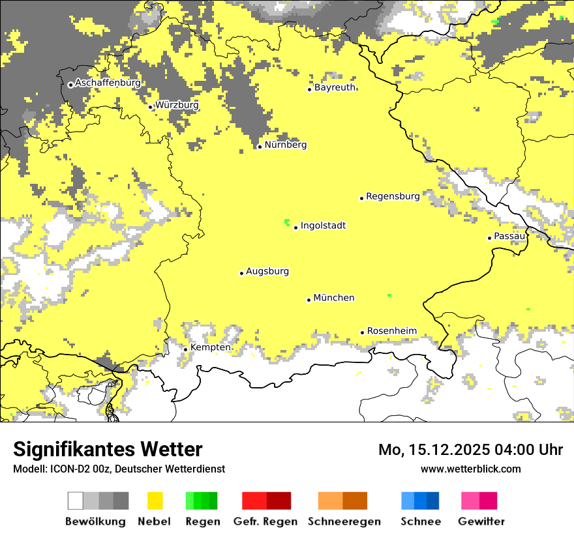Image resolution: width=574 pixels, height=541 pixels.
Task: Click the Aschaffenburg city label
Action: pos(108,83)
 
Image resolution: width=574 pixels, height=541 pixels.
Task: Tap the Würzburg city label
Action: pos(177,105)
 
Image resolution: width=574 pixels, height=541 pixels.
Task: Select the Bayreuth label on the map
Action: pos(335,87)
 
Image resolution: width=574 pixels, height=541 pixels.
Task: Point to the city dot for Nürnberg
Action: pos(260,147)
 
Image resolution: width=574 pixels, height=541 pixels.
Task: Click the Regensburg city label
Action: pos(393,196)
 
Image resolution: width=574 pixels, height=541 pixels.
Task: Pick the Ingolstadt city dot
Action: pos(295,227)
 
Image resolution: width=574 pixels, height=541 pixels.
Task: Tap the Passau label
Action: pos(509,236)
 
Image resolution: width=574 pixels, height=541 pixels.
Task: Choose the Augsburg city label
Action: pos(267,271)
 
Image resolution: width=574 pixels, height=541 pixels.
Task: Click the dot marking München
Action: pos(309,300)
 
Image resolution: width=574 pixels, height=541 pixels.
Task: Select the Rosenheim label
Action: pos(391,330)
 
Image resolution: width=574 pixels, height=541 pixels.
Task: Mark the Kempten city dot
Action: pos(185,349)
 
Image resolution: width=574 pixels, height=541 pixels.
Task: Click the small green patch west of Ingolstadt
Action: pos(286,222)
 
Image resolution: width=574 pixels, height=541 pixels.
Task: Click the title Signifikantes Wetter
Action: pos(108,449)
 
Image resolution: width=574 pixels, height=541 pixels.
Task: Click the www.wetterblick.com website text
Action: pos(470,469)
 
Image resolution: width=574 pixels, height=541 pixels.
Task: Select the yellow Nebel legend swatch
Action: pos(155,501)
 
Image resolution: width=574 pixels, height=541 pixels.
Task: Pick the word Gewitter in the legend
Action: pos(481,521)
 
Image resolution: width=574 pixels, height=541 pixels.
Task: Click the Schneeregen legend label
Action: pos(344,521)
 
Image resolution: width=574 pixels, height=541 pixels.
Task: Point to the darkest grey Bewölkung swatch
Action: pos(121,501)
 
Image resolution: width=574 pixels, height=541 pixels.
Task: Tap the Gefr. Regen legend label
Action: pos(265,521)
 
